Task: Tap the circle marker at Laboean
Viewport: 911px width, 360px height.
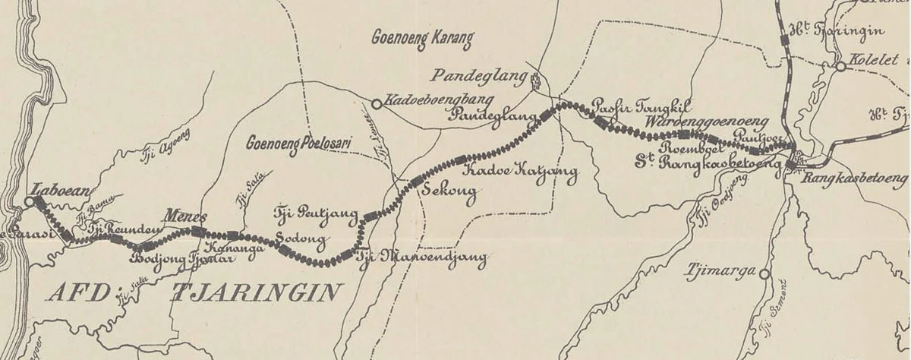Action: (x=29, y=202)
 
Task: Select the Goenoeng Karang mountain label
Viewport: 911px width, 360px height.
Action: (x=422, y=37)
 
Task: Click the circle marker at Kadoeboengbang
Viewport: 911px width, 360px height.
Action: (x=376, y=103)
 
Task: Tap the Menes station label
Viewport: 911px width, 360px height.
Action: (x=185, y=215)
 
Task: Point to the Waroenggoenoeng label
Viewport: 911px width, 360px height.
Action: (x=706, y=122)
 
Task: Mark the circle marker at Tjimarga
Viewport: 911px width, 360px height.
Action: (x=764, y=273)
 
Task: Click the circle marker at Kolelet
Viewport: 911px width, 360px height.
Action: (x=840, y=67)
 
